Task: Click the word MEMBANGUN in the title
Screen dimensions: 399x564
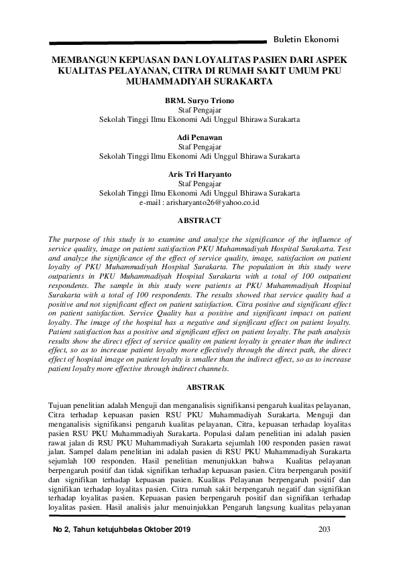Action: [85, 60]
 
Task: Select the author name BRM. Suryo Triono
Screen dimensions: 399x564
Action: [199, 98]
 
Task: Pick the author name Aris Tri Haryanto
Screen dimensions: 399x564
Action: [199, 174]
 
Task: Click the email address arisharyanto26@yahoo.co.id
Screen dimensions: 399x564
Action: [199, 202]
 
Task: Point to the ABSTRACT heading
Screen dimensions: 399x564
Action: [199, 219]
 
